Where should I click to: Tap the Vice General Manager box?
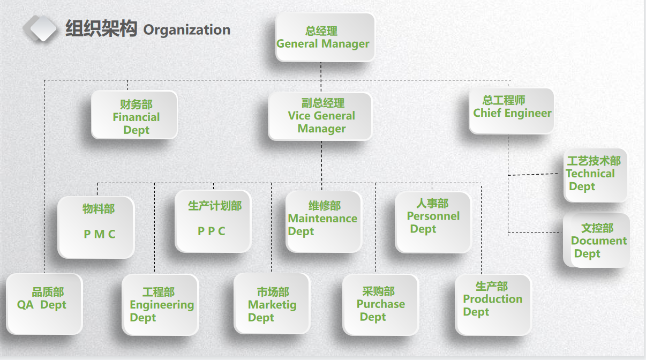pos(320,116)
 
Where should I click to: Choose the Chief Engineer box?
pos(511,111)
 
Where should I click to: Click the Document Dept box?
pos(596,241)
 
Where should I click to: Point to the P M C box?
pos(96,227)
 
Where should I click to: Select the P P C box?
pos(213,221)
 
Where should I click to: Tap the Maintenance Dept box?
pos(324,221)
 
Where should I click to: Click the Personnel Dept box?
pos(433,222)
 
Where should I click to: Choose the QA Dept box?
pos(44,304)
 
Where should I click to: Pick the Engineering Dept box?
pos(161,305)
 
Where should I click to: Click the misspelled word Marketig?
pos(272,305)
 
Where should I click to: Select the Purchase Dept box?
pos(380,305)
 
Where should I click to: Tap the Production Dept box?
pos(493,305)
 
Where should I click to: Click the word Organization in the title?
pos(187,29)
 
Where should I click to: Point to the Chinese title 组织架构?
pos(101,28)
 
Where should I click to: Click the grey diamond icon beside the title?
pos(41,28)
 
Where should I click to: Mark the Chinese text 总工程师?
pos(504,100)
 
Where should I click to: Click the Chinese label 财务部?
pos(136,104)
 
